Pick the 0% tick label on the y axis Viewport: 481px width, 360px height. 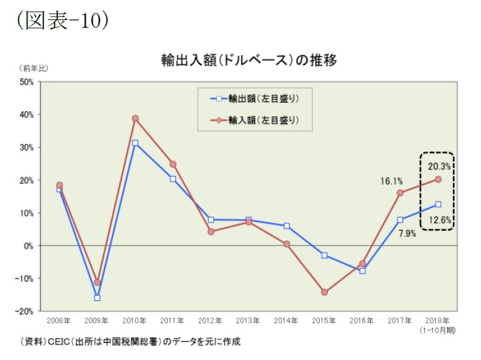click(29, 246)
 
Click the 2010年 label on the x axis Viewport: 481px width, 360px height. click(134, 321)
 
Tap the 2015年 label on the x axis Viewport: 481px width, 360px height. click(324, 321)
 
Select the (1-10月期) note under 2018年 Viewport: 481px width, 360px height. click(437, 330)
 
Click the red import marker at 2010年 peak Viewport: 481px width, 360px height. click(135, 118)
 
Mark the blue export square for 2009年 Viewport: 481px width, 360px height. click(97, 298)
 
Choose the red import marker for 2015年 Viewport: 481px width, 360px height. click(324, 292)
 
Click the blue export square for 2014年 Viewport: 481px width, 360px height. click(286, 226)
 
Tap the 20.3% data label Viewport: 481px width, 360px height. click(439, 166)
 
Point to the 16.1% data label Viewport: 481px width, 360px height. click(391, 181)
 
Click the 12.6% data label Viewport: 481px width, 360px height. click(439, 219)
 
